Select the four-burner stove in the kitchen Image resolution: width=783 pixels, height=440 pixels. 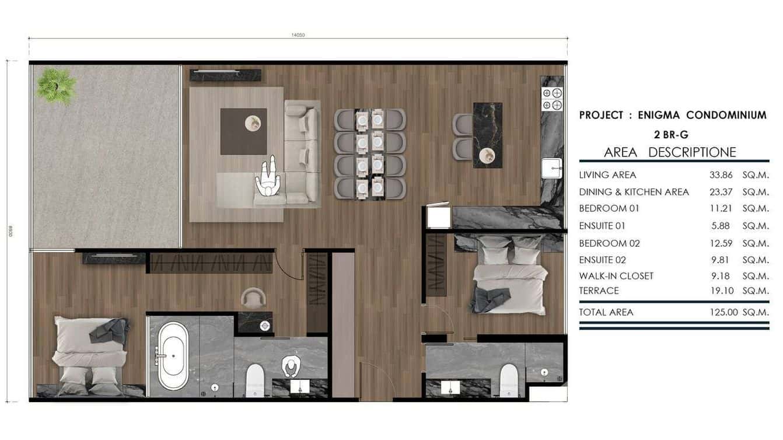tap(552, 99)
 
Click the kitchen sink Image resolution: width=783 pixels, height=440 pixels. tap(551, 168)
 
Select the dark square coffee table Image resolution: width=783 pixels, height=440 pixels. tap(243, 131)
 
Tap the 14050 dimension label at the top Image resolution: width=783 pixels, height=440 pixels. tap(298, 35)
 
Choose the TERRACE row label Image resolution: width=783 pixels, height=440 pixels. tap(599, 291)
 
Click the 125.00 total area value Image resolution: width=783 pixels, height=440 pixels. tap(721, 312)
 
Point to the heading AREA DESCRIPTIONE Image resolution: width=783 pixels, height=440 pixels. tap(670, 152)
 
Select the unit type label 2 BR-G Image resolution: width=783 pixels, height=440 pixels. tap(671, 135)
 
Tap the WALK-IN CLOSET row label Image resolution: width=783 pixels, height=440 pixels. tap(616, 276)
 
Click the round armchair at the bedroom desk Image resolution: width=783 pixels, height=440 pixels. tap(253, 298)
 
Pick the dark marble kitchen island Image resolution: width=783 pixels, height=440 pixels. tap(487, 135)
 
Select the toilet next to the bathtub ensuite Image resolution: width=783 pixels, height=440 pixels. tap(255, 380)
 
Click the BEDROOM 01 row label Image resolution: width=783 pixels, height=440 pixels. tap(609, 208)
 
